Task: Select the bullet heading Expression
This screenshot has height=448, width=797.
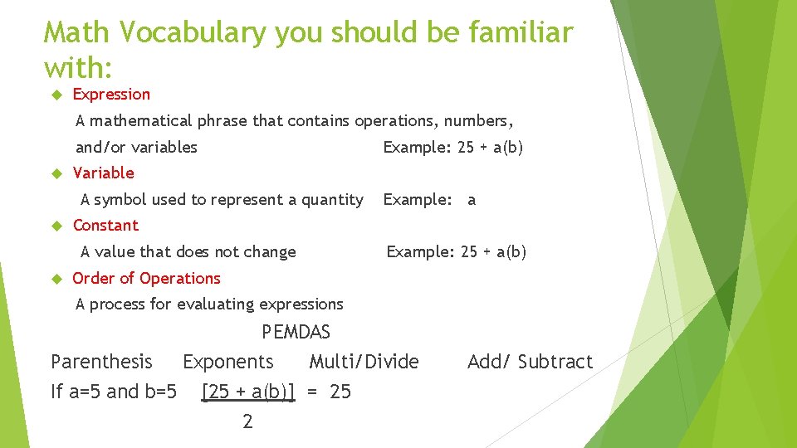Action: coord(111,95)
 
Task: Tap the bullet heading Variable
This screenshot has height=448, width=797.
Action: coord(103,173)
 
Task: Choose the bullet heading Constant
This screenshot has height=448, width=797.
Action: coord(105,225)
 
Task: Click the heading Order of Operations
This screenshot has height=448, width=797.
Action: coord(146,278)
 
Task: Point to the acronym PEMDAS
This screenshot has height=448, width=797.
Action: coord(296,333)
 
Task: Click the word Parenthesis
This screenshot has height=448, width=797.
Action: coord(101,362)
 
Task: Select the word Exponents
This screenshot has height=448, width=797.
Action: coord(227,362)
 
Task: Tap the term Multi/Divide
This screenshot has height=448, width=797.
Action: coord(364,362)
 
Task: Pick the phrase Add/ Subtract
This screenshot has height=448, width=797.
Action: coord(530,362)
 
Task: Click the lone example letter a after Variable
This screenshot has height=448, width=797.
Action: coord(472,200)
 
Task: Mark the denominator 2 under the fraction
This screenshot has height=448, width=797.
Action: coord(247,421)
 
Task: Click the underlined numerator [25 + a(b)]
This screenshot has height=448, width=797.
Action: coord(248,392)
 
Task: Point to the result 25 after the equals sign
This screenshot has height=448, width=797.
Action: coord(340,392)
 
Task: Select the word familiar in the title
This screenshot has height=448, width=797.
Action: coord(521,33)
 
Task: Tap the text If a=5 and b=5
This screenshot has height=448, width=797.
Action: coord(114,392)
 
